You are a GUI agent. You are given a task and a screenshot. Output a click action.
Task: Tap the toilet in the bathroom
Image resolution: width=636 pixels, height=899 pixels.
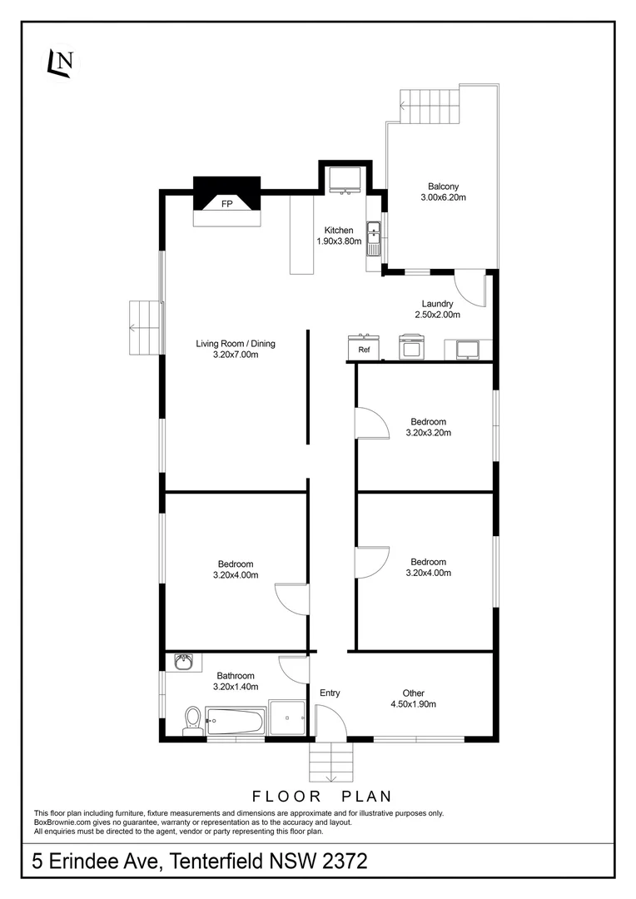(x=193, y=719)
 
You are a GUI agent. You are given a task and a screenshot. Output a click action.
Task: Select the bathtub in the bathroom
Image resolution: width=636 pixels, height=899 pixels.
(x=236, y=721)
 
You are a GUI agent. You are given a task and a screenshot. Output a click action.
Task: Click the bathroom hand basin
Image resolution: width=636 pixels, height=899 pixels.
(x=183, y=663)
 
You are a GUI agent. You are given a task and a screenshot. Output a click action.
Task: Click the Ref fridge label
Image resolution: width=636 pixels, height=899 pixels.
(x=364, y=350)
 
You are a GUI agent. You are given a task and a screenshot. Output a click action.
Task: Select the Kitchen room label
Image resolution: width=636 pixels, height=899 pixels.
(x=339, y=231)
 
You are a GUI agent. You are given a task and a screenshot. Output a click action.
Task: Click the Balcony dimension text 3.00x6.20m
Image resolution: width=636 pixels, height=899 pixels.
(x=443, y=198)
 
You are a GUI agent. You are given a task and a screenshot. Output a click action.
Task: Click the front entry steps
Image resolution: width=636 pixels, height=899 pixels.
(x=331, y=761)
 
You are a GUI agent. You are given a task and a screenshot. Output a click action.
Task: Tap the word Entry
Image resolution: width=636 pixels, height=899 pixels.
(x=330, y=693)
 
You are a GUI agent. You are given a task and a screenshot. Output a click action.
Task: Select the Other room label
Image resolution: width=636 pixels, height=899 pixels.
(x=414, y=693)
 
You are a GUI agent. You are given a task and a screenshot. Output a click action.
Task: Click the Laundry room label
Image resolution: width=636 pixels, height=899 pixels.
(x=437, y=304)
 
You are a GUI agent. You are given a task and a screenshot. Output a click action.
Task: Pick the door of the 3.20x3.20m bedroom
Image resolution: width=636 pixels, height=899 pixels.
(x=371, y=423)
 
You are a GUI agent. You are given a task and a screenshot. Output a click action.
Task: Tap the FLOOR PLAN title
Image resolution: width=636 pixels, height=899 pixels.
(x=321, y=797)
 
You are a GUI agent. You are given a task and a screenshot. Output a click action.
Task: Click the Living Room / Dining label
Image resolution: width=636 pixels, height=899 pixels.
(x=236, y=343)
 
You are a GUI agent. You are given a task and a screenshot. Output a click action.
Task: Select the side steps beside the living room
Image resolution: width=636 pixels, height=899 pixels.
(x=144, y=315)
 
